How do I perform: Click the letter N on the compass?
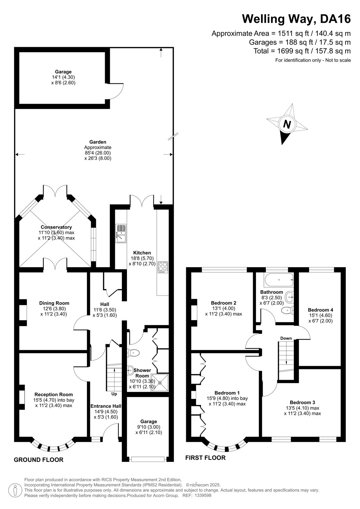[287, 124]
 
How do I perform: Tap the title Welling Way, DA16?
[296, 19]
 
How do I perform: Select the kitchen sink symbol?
[121, 234]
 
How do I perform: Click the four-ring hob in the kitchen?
[163, 267]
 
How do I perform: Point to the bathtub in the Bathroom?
[279, 280]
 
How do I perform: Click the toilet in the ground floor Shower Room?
[133, 353]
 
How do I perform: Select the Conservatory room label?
[56, 227]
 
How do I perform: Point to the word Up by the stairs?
[114, 394]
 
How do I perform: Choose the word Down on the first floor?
[286, 338]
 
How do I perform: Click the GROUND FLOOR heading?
[39, 460]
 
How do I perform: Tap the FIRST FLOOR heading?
[205, 458]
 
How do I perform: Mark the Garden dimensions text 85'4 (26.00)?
[98, 153]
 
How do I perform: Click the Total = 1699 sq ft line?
[302, 51]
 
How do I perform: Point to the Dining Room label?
[54, 303]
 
